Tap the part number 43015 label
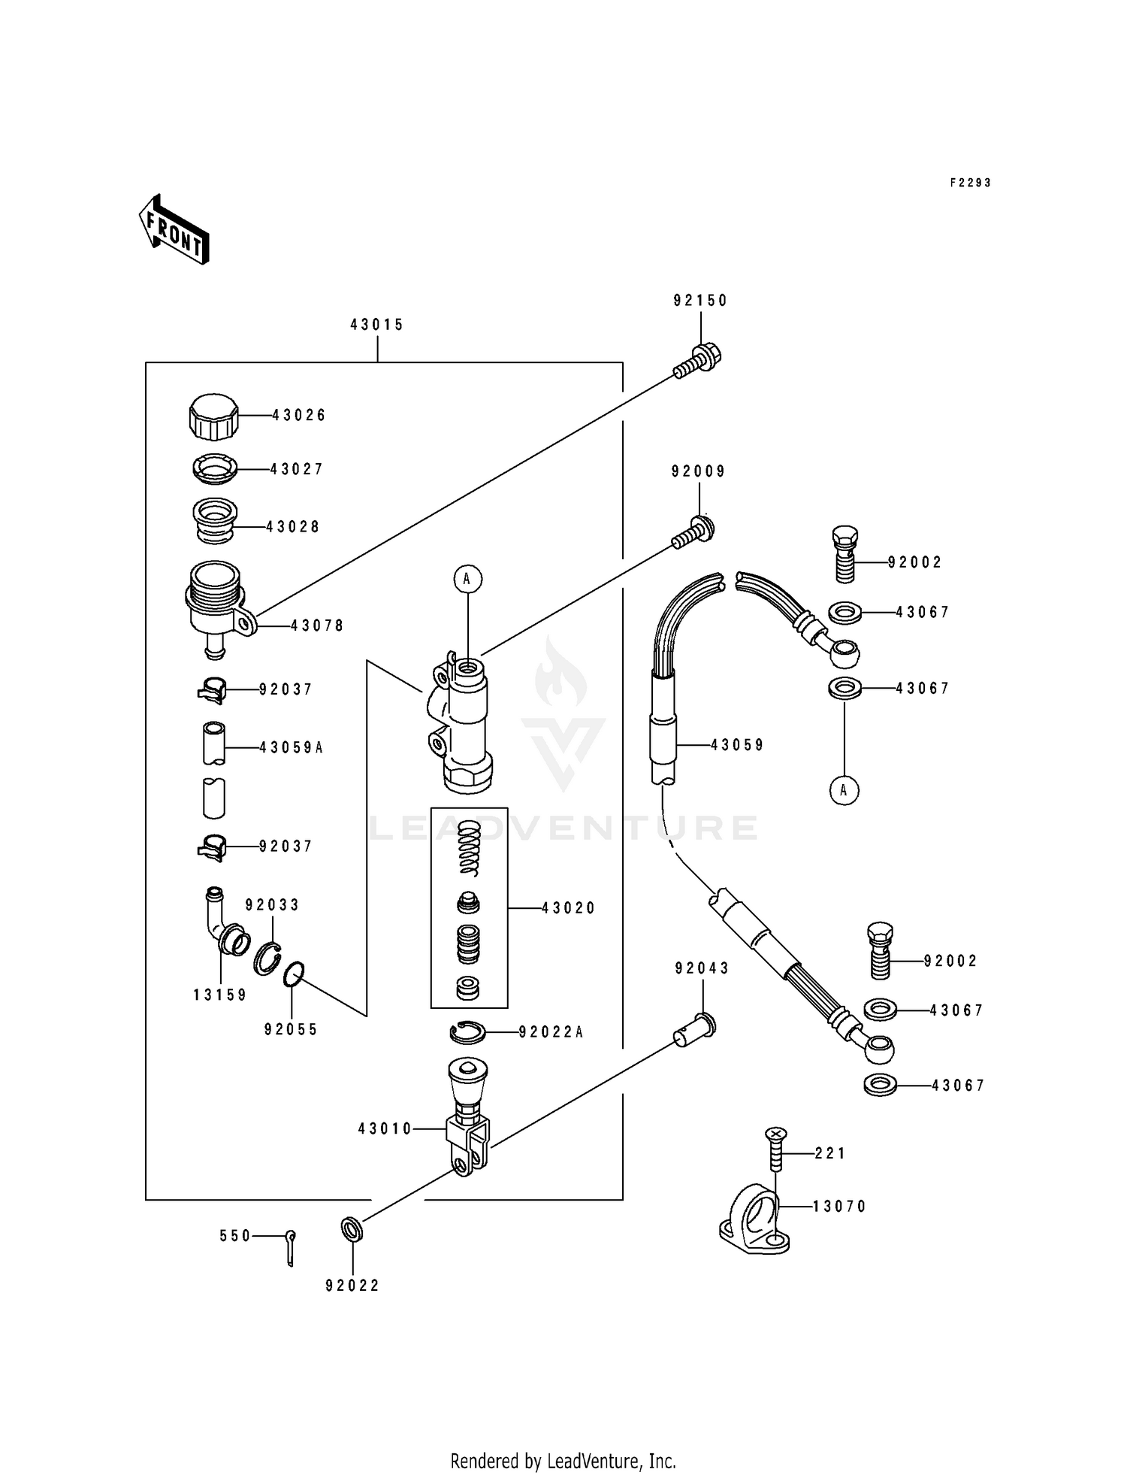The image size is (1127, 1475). (377, 325)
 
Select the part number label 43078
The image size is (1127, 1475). (317, 625)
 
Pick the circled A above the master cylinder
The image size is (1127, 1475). (467, 579)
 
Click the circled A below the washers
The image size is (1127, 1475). (844, 790)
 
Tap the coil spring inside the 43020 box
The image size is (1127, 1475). (470, 847)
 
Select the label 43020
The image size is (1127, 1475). (568, 908)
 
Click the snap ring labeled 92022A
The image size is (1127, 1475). (468, 1033)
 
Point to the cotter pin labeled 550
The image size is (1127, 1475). (291, 1247)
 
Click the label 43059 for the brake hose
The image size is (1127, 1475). (737, 745)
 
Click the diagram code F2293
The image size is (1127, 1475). (970, 183)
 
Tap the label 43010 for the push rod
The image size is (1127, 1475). (385, 1128)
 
